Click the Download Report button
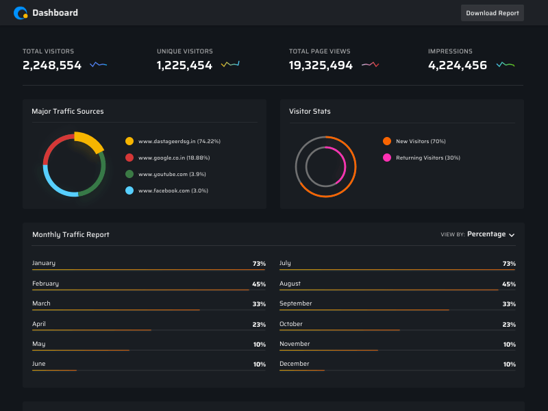click(492, 13)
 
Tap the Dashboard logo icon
click(21, 12)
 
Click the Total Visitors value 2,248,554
click(52, 66)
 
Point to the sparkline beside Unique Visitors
click(230, 64)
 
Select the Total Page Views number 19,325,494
click(321, 66)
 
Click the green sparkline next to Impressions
click(506, 65)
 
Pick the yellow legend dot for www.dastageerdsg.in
click(129, 141)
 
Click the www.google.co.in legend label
click(174, 158)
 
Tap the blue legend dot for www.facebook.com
click(129, 190)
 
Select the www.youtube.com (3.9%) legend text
click(173, 174)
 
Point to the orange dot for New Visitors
click(387, 141)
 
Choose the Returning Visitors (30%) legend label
click(428, 158)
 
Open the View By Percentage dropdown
click(490, 234)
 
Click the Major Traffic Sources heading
click(68, 111)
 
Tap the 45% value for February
click(259, 284)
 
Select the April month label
click(39, 324)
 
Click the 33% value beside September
click(509, 304)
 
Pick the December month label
click(295, 364)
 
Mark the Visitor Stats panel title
click(310, 111)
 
